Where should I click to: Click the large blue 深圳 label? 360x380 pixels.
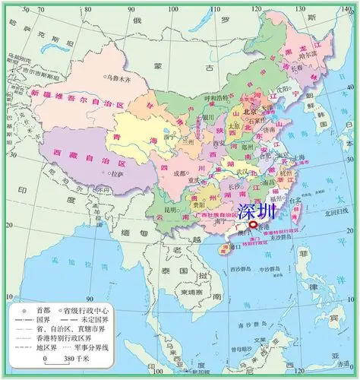coord(256,211)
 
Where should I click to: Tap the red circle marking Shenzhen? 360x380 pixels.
coord(253,224)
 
